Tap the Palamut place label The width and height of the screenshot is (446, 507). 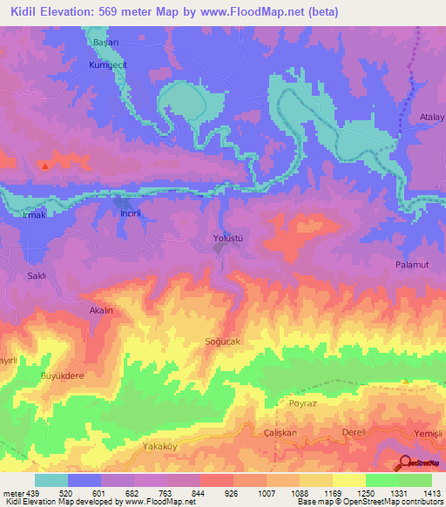[x=412, y=264]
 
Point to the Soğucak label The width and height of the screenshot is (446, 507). [x=221, y=341]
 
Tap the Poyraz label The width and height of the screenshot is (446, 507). [x=303, y=404]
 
